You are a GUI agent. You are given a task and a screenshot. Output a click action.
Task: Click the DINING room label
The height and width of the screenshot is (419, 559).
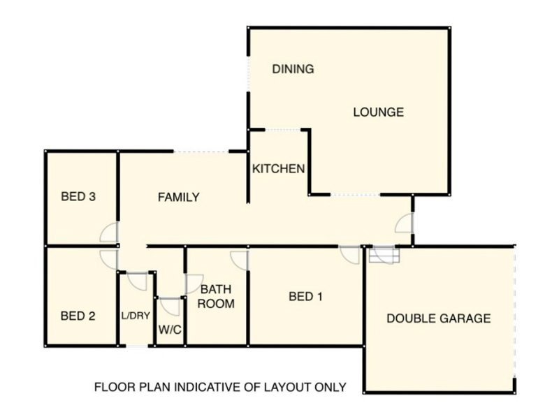293,69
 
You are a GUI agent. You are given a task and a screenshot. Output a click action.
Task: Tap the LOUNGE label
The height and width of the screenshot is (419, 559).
378,112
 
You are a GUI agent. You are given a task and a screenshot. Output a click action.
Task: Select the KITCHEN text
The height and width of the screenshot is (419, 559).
278,169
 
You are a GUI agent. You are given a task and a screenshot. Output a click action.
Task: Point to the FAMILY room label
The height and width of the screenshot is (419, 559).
178,198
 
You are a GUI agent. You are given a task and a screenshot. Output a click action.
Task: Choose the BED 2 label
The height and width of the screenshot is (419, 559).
78,316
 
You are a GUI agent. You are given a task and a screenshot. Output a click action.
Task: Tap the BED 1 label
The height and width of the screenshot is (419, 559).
306,297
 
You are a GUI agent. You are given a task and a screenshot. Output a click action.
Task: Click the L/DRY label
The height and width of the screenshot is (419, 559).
136,316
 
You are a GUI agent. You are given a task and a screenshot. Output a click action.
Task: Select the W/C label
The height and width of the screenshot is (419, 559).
170,330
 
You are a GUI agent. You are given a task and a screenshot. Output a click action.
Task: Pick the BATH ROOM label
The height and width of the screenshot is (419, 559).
217,296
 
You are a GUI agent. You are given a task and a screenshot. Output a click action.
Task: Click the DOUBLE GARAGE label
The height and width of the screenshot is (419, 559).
439,318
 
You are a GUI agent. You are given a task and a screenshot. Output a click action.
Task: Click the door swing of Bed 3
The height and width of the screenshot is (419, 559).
110,233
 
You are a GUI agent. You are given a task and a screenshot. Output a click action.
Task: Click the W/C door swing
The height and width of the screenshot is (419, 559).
170,307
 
